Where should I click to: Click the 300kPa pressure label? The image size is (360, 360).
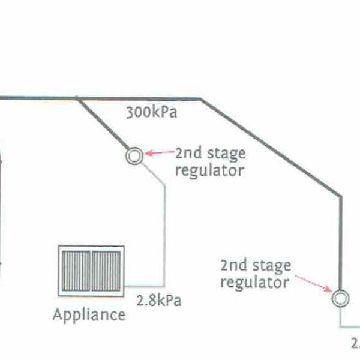coord(151,113)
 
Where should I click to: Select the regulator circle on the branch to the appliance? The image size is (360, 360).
coord(134,156)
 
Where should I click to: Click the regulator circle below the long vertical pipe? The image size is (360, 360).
coord(340,298)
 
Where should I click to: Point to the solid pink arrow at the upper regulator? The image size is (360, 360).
coord(158,154)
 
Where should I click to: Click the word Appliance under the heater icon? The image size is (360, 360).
coord(89,314)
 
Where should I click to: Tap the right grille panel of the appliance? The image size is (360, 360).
coord(106,270)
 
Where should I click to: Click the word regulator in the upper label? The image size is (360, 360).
coord(209,170)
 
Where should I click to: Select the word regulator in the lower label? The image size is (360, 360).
coord(254,281)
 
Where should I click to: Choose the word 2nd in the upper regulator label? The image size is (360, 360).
coord(187,153)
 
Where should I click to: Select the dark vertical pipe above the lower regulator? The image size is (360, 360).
coord(340,240)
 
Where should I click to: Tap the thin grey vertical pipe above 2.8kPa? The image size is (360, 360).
coord(164,234)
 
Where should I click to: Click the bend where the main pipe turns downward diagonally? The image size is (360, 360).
coord(202,98)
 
